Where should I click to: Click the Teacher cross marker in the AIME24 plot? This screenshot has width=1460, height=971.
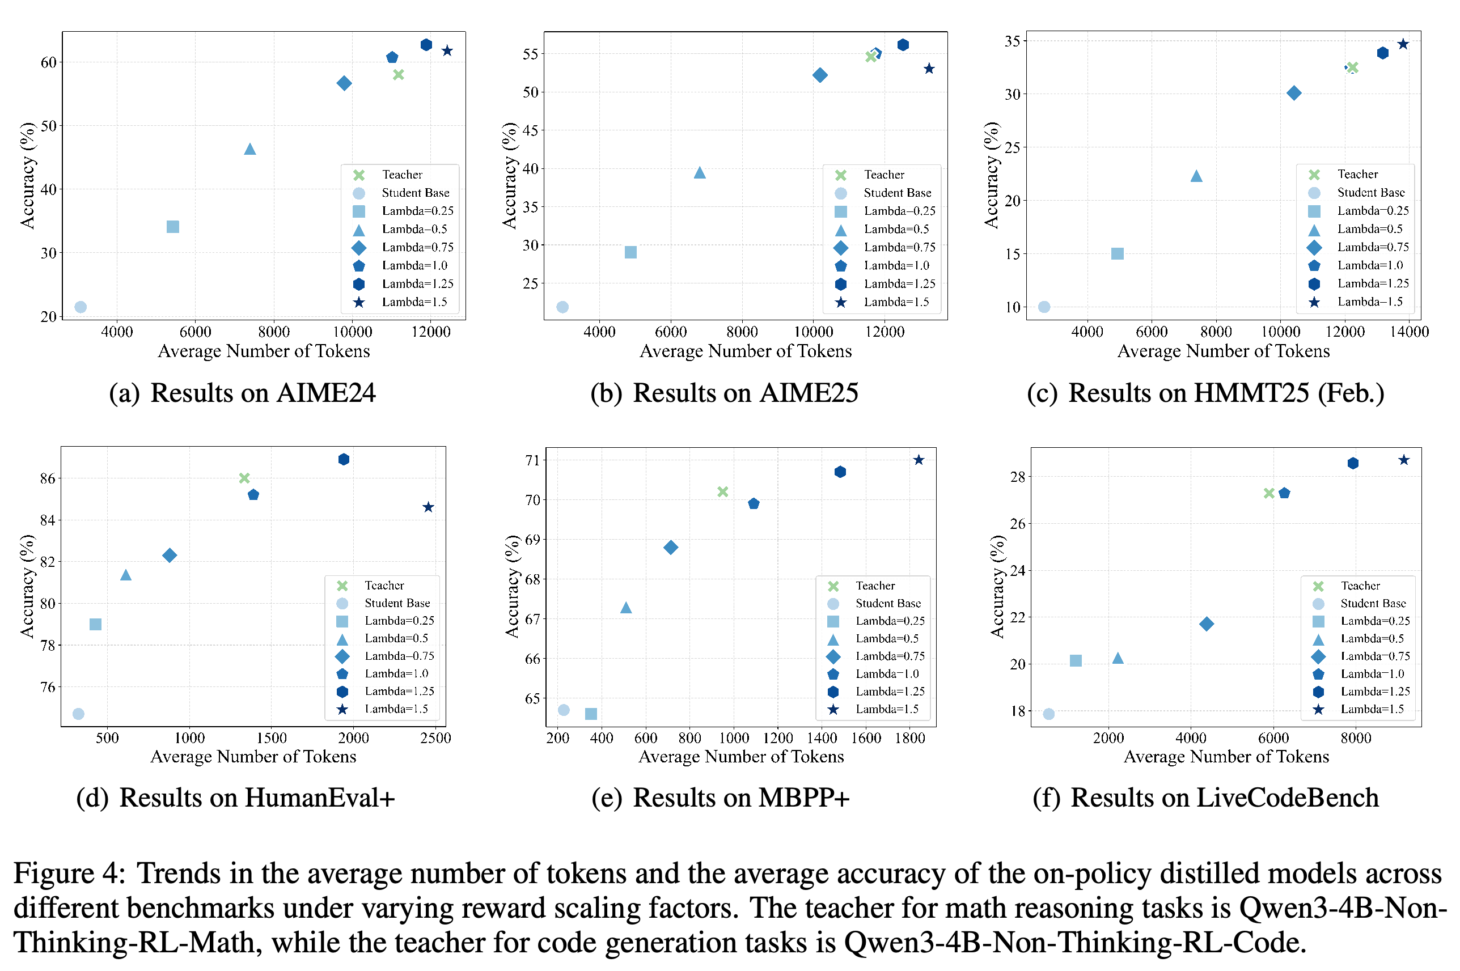tap(398, 75)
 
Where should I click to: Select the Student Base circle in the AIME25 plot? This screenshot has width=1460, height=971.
tap(562, 307)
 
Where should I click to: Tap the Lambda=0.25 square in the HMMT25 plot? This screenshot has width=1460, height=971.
tap(1117, 254)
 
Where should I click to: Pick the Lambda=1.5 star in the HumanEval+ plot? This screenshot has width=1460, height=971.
tap(428, 507)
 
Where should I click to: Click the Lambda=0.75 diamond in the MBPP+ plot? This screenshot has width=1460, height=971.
tap(670, 548)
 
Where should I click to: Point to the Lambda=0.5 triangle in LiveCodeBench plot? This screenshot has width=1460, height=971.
tap(1118, 658)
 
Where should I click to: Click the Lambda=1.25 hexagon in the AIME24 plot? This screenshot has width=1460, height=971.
tap(426, 45)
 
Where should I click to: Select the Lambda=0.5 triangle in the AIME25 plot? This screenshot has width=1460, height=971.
tap(699, 173)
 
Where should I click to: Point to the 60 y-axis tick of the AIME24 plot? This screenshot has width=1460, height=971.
tap(48, 62)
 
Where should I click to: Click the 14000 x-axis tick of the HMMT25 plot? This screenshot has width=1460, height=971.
tap(1408, 331)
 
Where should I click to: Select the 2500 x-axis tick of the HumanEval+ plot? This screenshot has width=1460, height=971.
tap(435, 737)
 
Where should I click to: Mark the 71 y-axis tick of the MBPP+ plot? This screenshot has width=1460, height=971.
tap(532, 460)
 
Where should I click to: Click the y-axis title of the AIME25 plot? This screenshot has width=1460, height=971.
tap(509, 175)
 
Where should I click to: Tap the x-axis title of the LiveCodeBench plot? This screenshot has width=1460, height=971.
tap(1226, 757)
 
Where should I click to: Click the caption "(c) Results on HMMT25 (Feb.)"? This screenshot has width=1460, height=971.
tap(1205, 393)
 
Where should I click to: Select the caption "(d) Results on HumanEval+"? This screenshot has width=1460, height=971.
tap(235, 798)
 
